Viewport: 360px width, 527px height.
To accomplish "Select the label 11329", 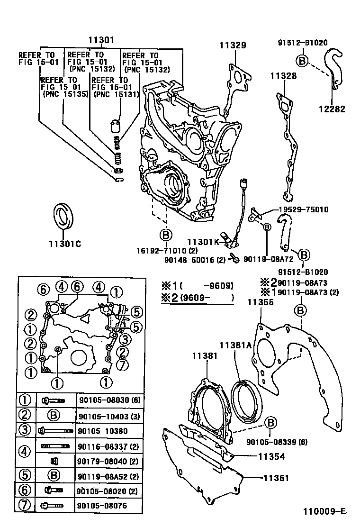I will coord(232,45).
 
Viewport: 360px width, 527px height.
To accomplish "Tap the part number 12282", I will coord(332,109).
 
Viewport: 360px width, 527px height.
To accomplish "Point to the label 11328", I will coord(283,76).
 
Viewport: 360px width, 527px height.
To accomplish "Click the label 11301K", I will coord(203,242).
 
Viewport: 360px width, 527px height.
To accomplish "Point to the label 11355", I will coord(260,301).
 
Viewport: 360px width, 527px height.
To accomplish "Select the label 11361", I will coord(275,478).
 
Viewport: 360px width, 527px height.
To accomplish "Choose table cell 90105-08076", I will coord(102,506).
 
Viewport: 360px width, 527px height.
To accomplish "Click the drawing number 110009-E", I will coord(324,512).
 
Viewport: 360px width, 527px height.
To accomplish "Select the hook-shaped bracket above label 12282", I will coord(335,69).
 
